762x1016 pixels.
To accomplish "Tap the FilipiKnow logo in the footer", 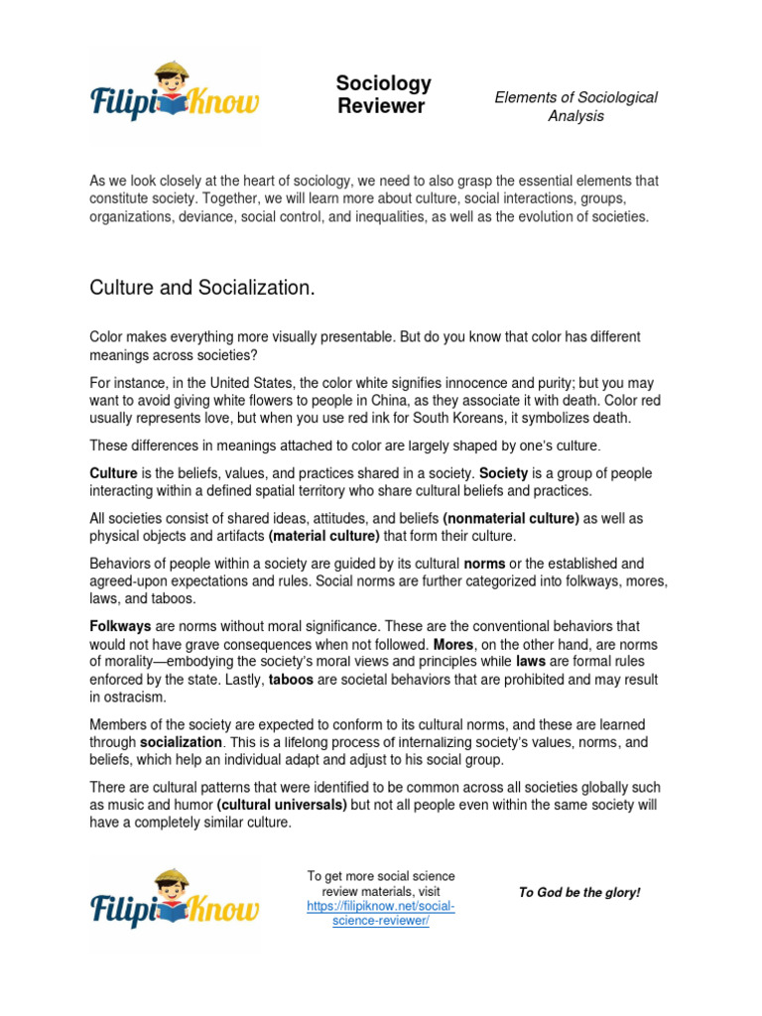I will point(175,902).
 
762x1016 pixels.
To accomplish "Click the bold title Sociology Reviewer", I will point(383,94).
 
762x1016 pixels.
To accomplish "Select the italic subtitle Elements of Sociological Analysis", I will point(575,106).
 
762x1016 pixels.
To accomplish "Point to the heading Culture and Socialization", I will point(202,288).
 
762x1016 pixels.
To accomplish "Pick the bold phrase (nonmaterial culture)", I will point(511,518).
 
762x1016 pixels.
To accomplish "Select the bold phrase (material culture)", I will point(324,536).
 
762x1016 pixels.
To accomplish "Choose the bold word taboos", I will point(294,681).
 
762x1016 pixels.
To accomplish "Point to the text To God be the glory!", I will point(579,892).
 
